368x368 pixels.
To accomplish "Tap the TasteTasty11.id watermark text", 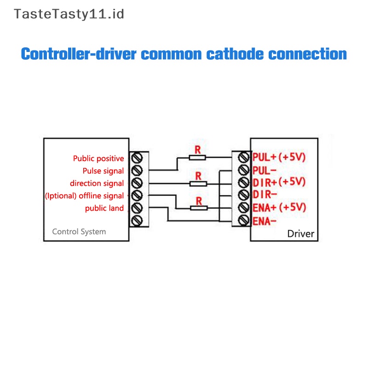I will [x=69, y=14].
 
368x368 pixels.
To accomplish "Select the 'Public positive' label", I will [x=98, y=159].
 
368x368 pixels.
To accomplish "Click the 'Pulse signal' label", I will [x=103, y=171].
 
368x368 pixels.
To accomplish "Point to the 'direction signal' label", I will [x=97, y=184].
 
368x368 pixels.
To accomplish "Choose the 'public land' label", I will [x=104, y=208].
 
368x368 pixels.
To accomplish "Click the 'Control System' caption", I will [x=79, y=231].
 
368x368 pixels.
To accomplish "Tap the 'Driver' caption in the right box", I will [x=300, y=234].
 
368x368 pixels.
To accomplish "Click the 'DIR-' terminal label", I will [x=264, y=194].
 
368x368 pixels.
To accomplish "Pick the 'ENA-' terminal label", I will [x=264, y=221].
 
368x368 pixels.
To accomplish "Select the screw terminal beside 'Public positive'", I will [x=137, y=158].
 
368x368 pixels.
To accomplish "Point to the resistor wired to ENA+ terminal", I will [x=198, y=208].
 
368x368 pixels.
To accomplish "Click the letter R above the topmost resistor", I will [x=198, y=149].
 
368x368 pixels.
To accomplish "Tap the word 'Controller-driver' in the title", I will [x=79, y=54].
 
